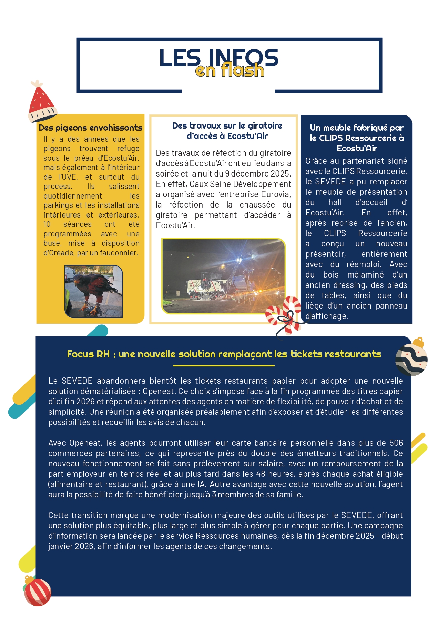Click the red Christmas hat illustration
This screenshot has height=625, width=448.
(42, 102)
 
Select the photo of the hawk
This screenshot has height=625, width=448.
(93, 291)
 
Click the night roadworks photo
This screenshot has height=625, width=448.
(224, 276)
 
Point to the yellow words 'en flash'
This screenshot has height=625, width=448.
(230, 70)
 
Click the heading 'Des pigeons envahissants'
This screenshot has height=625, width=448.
(90, 128)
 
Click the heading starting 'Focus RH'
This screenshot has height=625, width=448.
(224, 354)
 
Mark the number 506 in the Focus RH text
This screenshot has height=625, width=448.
(396, 443)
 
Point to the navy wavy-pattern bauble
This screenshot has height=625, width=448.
(411, 359)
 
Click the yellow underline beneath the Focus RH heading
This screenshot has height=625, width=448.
(224, 365)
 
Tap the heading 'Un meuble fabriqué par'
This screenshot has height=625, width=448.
(357, 128)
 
